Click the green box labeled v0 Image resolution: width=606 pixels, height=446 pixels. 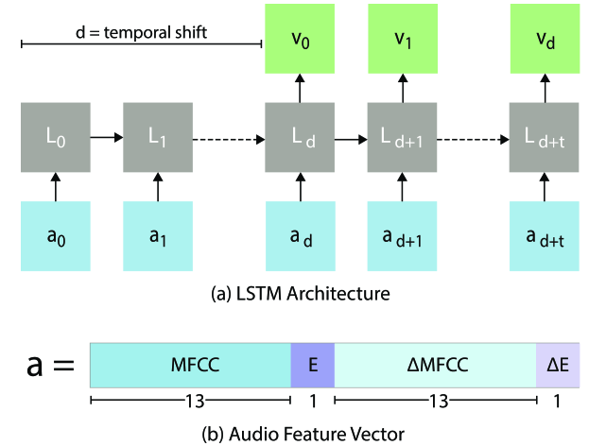point(301,43)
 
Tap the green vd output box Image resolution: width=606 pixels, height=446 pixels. point(544,43)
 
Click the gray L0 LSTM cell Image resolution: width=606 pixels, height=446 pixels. point(55,138)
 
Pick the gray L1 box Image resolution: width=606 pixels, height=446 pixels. point(157,138)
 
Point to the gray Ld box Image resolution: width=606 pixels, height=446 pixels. point(301,138)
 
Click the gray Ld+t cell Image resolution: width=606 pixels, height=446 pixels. point(544,138)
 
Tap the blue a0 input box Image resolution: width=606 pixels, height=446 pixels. point(55,233)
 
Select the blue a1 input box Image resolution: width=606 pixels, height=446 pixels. point(157,233)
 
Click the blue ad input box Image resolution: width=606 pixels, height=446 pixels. point(301,233)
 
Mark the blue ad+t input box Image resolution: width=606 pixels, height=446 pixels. point(544,233)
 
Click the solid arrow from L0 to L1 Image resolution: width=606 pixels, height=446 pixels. point(106,138)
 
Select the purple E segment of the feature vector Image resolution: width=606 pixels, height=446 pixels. point(312,364)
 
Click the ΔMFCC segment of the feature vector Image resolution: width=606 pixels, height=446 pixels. point(434,364)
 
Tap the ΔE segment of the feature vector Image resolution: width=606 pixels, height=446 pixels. point(553,364)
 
